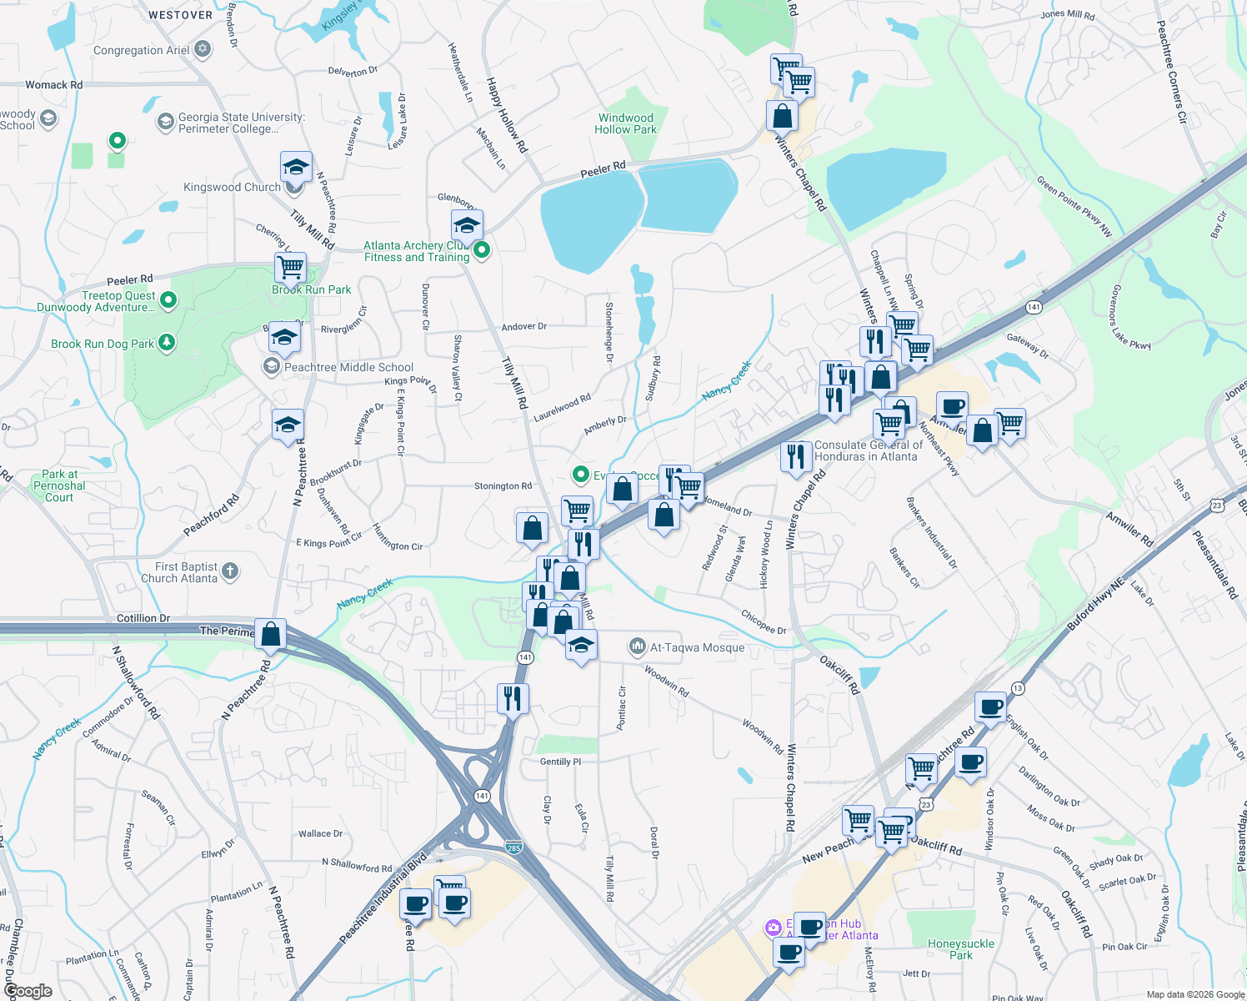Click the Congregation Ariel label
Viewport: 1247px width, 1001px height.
pyautogui.click(x=142, y=50)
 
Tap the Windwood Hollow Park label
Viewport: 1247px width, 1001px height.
pyautogui.click(x=625, y=123)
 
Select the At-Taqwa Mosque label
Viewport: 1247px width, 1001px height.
pyautogui.click(x=697, y=647)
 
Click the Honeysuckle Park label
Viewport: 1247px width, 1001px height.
pyautogui.click(x=960, y=949)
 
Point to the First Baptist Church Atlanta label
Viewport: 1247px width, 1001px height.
pyautogui.click(x=179, y=572)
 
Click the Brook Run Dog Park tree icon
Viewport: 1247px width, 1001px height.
pyautogui.click(x=167, y=343)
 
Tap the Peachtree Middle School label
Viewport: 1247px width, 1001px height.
pyautogui.click(x=348, y=367)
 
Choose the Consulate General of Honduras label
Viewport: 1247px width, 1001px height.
pyautogui.click(x=868, y=450)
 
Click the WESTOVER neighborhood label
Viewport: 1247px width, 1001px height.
pyautogui.click(x=180, y=15)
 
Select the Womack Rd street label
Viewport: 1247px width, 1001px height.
pyautogui.click(x=53, y=84)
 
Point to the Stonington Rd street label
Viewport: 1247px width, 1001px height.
pyautogui.click(x=503, y=486)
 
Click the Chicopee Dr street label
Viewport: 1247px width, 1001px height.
pyautogui.click(x=764, y=621)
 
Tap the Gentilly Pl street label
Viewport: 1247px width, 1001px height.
pyautogui.click(x=560, y=762)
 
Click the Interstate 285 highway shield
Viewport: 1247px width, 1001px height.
pyautogui.click(x=513, y=848)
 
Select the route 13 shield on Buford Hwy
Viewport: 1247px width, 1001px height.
pyautogui.click(x=1018, y=688)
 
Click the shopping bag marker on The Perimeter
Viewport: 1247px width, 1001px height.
pyautogui.click(x=271, y=635)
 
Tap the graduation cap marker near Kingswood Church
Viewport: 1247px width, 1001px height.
pyautogui.click(x=296, y=168)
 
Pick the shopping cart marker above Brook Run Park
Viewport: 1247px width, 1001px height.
pyautogui.click(x=291, y=268)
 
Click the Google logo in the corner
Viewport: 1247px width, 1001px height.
pyautogui.click(x=28, y=991)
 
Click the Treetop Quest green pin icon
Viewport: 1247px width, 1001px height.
pyautogui.click(x=168, y=299)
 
